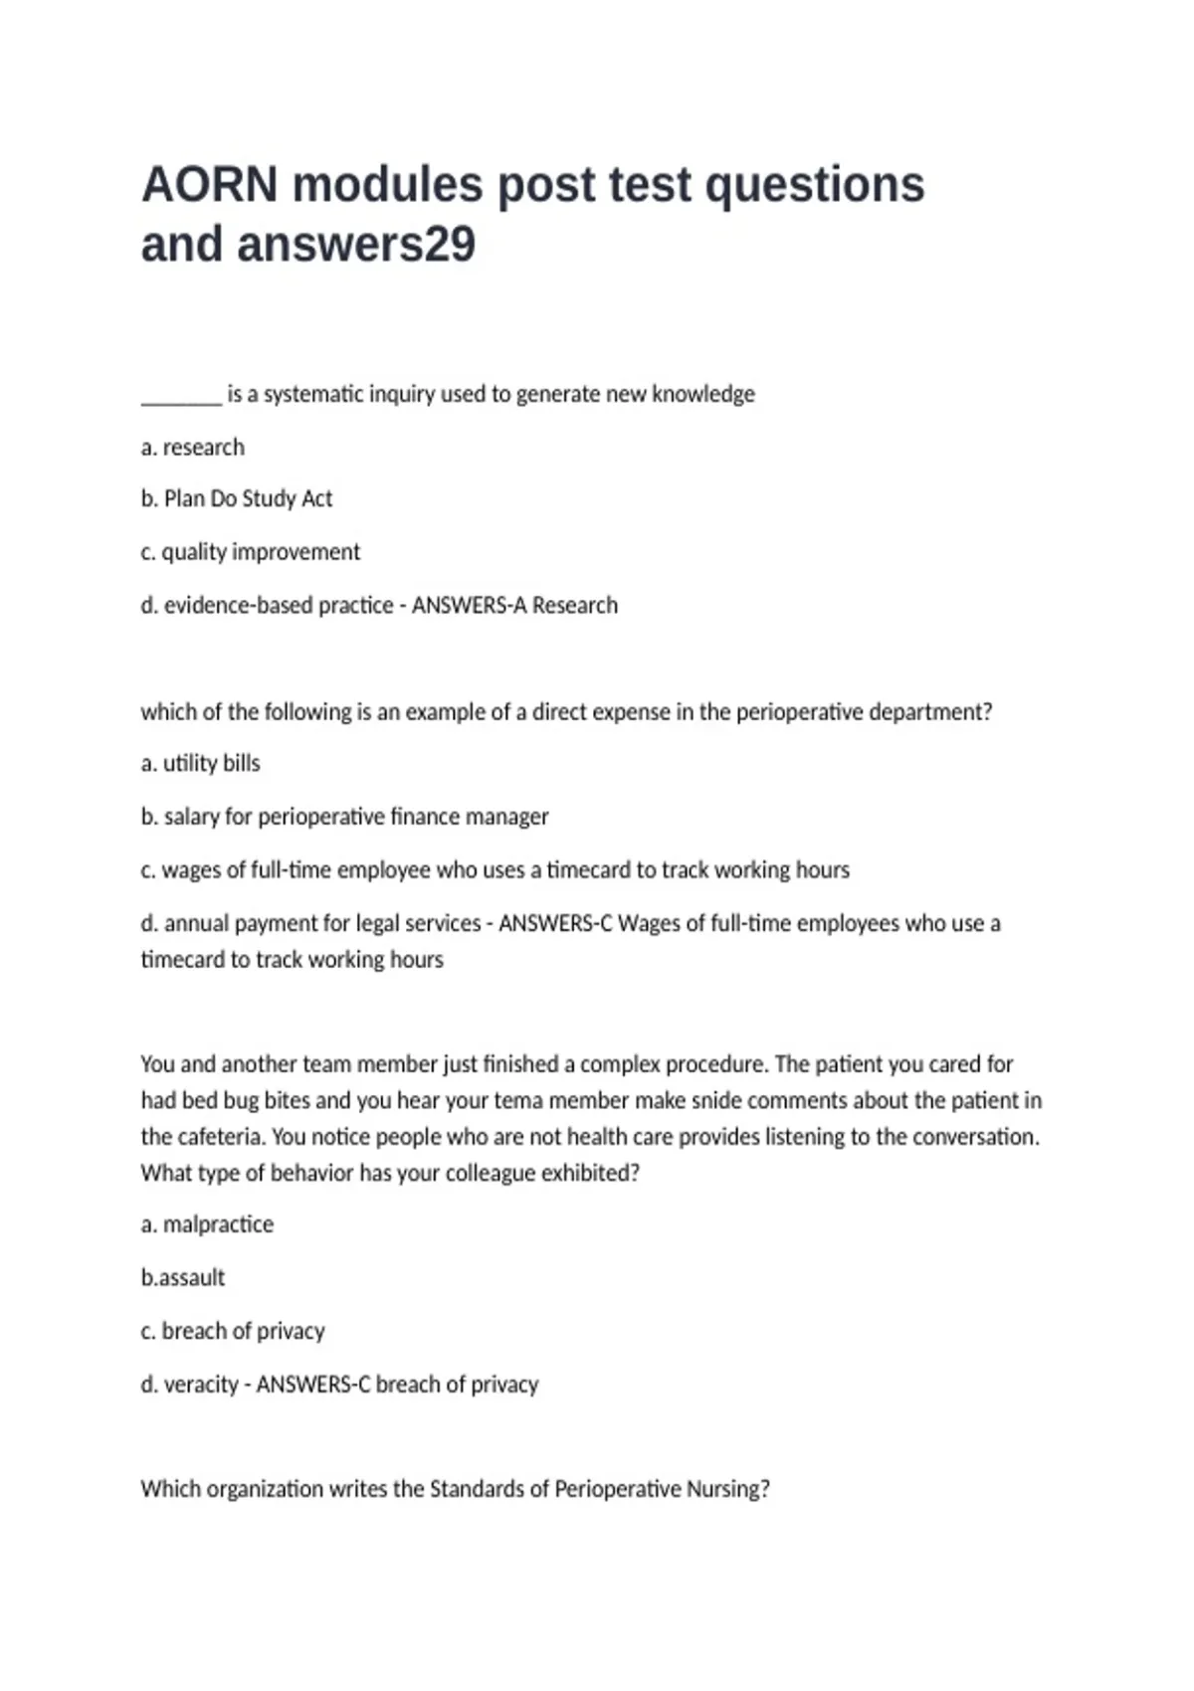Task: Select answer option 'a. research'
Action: click(193, 448)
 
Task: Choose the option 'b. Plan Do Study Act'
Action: click(237, 498)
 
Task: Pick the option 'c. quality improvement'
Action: click(251, 552)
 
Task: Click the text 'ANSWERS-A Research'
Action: click(514, 605)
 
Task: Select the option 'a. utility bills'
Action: click(201, 763)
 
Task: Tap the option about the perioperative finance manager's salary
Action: click(344, 817)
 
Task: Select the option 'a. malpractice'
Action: click(207, 1224)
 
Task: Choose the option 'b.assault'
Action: click(183, 1277)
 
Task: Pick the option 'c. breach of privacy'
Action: click(233, 1331)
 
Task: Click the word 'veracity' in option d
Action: click(201, 1385)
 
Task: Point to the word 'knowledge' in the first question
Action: click(703, 394)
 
